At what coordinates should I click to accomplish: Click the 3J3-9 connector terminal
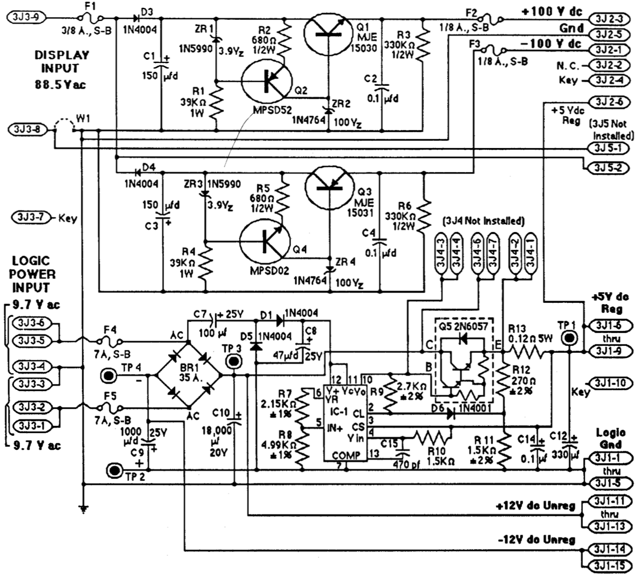tap(26, 17)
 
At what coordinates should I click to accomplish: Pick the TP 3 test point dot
tap(234, 362)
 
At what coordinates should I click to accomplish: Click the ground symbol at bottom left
tap(83, 507)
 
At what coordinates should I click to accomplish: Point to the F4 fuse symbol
tap(110, 341)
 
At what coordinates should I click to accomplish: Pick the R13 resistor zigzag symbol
tap(528, 352)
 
